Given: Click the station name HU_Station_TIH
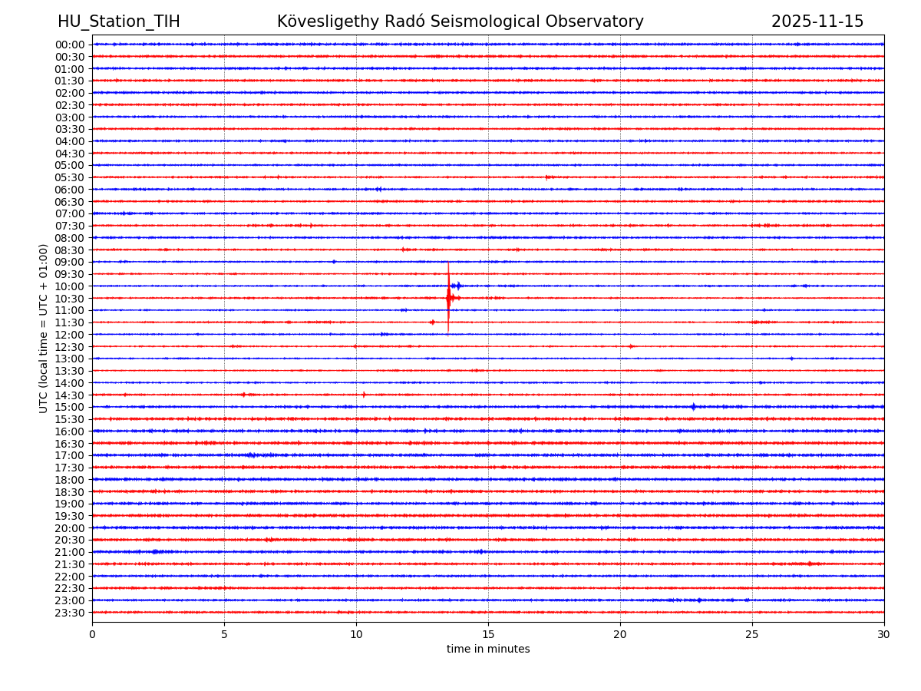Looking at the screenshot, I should [119, 21].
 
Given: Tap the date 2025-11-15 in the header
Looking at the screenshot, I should [817, 21].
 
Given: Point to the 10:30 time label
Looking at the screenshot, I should [70, 298].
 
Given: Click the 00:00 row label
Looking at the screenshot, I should [70, 45].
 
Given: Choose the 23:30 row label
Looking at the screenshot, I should [70, 613].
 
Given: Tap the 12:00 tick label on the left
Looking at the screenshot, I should [70, 335].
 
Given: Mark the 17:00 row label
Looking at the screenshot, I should [70, 455].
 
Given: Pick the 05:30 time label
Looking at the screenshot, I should [70, 177].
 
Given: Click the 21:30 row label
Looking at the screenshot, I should [70, 564].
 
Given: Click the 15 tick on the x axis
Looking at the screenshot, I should [488, 634].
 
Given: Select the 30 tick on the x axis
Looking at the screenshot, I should [884, 634].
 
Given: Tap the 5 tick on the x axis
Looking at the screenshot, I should [224, 634].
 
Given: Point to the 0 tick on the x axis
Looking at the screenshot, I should [92, 634].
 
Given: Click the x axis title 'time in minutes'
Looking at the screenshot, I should [488, 650].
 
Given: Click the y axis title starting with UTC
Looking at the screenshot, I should [44, 328].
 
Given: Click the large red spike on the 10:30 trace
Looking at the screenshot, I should [448, 297].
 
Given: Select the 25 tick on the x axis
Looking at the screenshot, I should [752, 634].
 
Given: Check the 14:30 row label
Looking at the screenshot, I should [70, 395].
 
